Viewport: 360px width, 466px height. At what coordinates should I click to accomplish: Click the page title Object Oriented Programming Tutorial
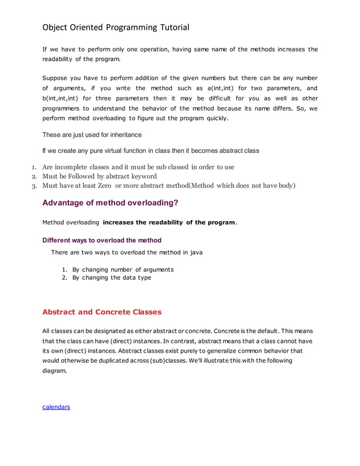[x=116, y=27]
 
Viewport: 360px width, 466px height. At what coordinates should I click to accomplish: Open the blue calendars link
[x=56, y=406]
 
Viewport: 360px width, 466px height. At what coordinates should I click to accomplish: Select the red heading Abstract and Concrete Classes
[x=102, y=312]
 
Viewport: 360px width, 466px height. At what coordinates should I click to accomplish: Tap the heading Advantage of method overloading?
[x=110, y=203]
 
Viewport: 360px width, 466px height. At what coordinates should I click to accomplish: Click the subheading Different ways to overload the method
[x=102, y=240]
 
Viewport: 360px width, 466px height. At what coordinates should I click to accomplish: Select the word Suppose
[x=56, y=78]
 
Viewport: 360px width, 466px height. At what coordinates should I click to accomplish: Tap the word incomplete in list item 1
[x=74, y=167]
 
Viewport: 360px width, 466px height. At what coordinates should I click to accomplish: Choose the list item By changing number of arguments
[x=123, y=269]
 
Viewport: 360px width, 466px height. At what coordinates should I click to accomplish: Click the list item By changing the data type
[x=112, y=277]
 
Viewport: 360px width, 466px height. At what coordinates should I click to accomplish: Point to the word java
[x=195, y=252]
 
